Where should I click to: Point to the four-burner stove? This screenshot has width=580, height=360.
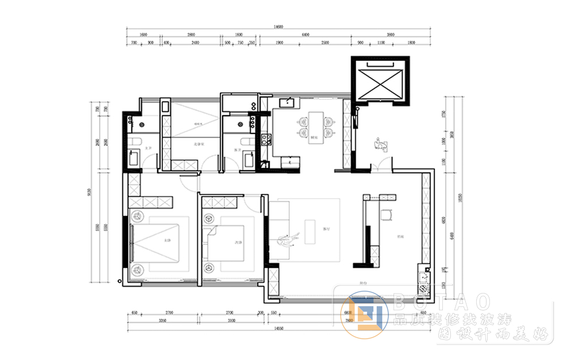pos(266,138)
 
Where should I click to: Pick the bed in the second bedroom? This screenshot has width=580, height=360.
pos(225,243)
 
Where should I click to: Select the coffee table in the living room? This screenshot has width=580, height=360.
pos(310,231)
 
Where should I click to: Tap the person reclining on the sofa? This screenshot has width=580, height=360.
pos(287,239)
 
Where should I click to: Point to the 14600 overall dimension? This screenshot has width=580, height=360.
pos(278,26)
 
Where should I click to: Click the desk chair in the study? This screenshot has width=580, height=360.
pos(386,214)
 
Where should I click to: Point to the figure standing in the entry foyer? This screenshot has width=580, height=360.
pos(379,143)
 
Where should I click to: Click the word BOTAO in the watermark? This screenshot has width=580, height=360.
pos(442,300)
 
